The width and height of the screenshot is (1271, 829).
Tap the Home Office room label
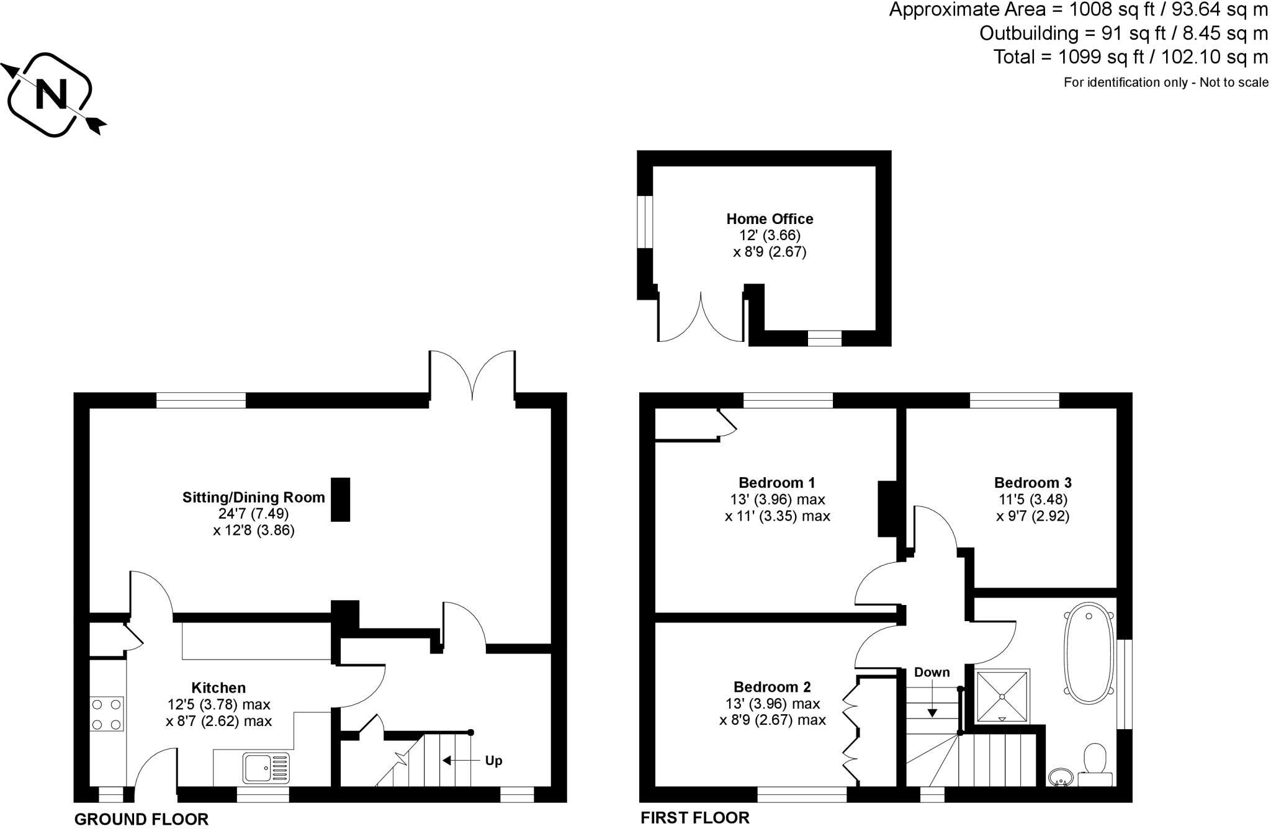coord(770,219)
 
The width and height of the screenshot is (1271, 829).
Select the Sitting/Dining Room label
coord(253,497)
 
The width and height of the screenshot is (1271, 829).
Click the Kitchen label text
coord(218,688)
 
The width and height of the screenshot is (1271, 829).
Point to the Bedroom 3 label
coord(1033,483)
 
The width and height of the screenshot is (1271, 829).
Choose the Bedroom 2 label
coord(772,687)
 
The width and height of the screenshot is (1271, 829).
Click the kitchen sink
coord(266,768)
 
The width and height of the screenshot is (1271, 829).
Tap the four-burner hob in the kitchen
coord(107,714)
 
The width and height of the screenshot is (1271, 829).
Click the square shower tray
coord(1002,696)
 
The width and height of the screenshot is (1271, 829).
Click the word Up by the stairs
coord(493,761)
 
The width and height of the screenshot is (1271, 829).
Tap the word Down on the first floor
coord(932,673)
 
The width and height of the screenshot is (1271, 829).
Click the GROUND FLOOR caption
coord(141,819)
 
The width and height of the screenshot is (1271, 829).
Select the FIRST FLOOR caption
coord(695,818)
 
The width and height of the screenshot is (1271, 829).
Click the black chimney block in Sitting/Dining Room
coord(340,499)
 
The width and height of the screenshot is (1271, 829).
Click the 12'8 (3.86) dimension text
coord(254,531)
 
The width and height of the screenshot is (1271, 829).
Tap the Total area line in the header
coord(1131,57)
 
